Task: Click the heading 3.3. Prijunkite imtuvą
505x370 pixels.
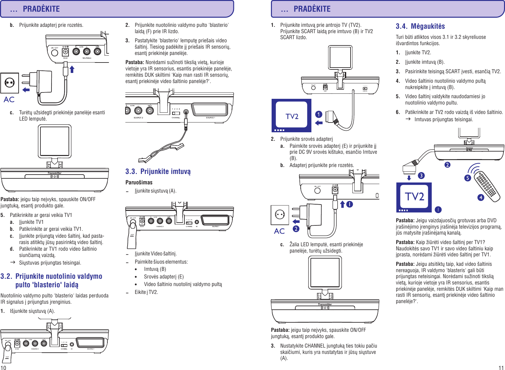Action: point(158,171)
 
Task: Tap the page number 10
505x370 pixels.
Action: point(3,367)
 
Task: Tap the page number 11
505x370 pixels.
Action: point(501,367)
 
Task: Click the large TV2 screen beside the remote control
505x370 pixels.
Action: point(414,197)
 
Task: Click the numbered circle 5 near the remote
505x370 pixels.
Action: point(468,178)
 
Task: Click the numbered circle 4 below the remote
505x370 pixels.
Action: point(481,198)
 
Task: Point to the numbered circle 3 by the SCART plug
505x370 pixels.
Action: point(421,176)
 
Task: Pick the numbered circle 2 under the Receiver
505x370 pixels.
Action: point(447,165)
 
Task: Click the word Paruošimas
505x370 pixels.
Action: point(139,182)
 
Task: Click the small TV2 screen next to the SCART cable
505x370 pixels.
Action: point(292,116)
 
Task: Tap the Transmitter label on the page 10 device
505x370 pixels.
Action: point(54,173)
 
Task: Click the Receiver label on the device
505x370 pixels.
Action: point(469,148)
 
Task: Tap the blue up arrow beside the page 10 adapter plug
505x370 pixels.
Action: point(72,69)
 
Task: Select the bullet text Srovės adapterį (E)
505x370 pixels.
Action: point(164,277)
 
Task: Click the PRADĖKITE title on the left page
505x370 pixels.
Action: point(41,9)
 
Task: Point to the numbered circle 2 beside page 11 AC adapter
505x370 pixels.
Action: point(296,229)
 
